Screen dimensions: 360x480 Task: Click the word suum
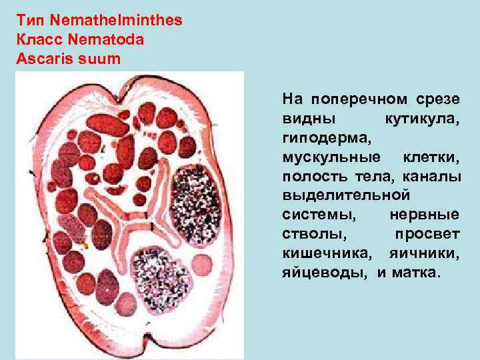pyautogui.click(x=99, y=59)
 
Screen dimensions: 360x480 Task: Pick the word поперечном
pyautogui.click(x=357, y=100)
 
